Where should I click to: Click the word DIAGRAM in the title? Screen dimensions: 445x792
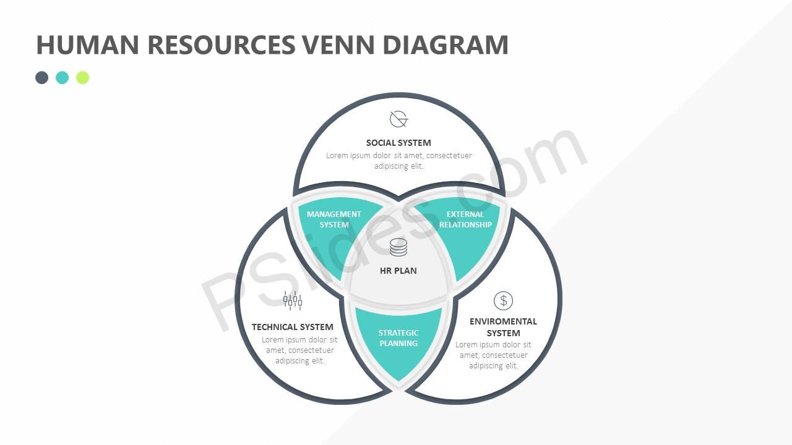click(445, 45)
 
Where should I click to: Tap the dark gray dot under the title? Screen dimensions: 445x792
click(42, 77)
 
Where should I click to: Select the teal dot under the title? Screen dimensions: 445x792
click(62, 77)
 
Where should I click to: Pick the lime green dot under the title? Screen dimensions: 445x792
click(83, 77)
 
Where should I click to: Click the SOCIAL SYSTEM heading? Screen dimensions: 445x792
click(398, 143)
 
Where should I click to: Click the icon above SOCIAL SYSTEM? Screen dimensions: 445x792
click(398, 119)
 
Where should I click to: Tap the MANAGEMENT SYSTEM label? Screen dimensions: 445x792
click(334, 219)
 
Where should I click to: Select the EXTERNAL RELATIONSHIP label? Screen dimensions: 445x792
click(465, 219)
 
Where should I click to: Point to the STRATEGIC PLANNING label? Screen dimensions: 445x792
click(398, 338)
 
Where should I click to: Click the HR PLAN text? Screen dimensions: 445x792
click(398, 271)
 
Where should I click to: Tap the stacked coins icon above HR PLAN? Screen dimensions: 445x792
click(398, 247)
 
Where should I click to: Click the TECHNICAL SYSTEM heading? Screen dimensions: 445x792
click(293, 327)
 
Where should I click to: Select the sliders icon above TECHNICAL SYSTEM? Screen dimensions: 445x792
click(293, 301)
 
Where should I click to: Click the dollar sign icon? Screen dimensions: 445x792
click(503, 301)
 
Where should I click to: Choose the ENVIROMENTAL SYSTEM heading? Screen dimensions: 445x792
click(503, 327)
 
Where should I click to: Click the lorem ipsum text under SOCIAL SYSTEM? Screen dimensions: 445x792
click(399, 161)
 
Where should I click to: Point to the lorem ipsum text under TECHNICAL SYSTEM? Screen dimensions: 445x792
click(300, 350)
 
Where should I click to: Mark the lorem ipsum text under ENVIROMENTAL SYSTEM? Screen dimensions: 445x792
click(494, 355)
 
